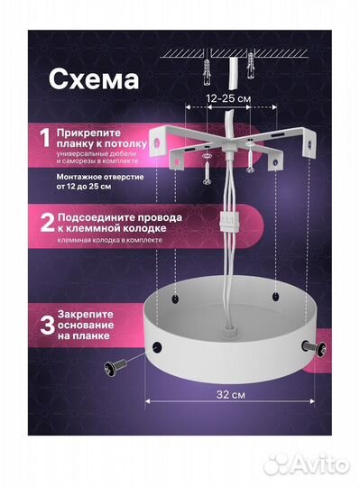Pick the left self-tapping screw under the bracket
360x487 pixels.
click(x=208, y=167)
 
